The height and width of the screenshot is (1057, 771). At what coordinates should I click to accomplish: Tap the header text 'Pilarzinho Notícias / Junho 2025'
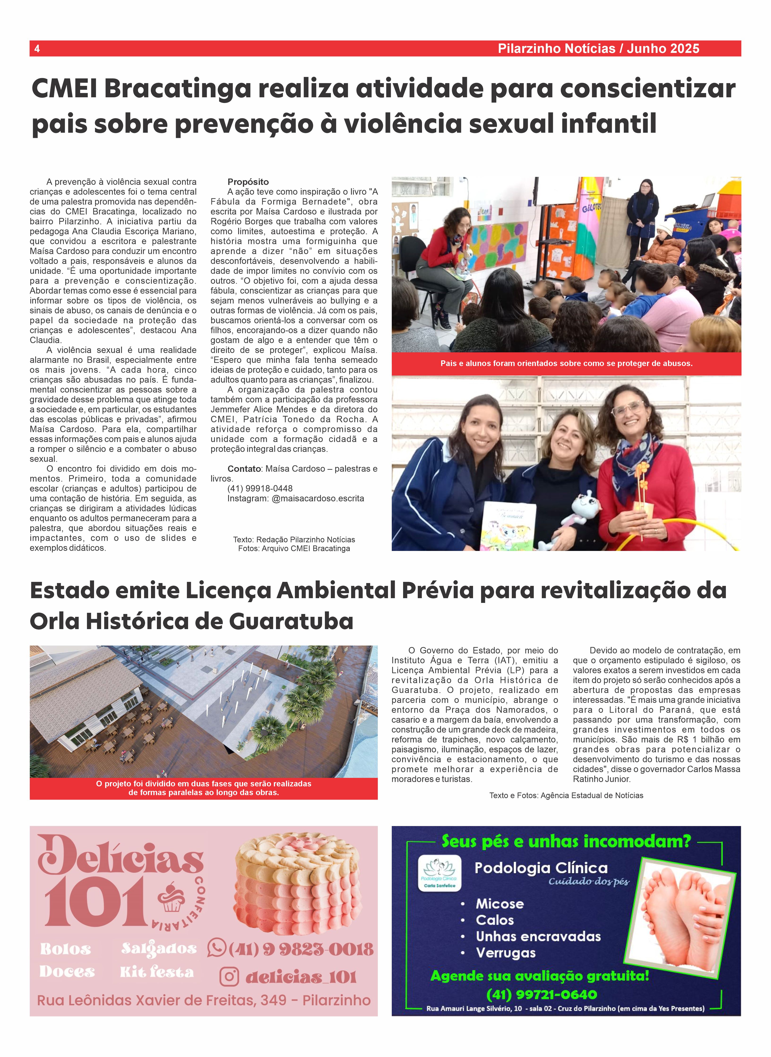[598, 48]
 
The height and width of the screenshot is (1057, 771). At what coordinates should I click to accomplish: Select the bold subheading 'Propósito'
[248, 182]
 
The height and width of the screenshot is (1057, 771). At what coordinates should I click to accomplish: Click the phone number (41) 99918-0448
[260, 488]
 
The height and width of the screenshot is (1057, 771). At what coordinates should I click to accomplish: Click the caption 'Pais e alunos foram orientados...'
[566, 363]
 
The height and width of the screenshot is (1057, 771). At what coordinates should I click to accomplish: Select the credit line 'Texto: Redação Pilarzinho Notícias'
[294, 540]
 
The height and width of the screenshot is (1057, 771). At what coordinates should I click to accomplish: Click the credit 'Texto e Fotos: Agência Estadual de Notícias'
[566, 795]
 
